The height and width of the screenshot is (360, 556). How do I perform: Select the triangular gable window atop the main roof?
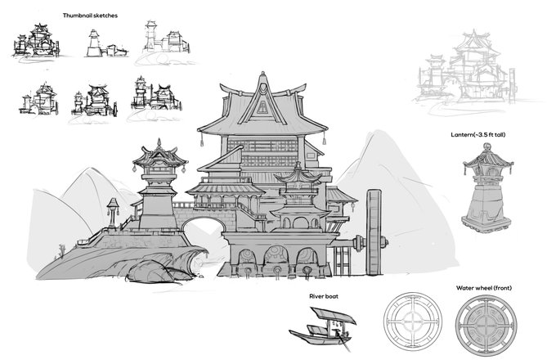coord(261,106)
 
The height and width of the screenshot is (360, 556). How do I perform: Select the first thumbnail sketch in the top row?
coord(38,41)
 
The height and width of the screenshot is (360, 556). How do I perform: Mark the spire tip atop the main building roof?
coord(261,75)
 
